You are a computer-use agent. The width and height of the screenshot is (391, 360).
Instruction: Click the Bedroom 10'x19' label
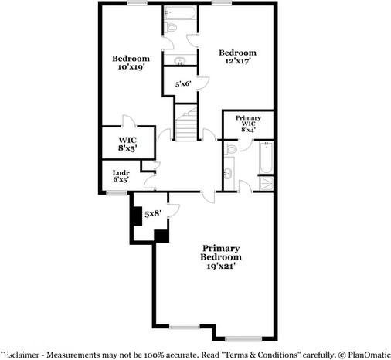click(131, 63)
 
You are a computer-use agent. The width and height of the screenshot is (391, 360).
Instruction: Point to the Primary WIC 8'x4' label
click(248, 124)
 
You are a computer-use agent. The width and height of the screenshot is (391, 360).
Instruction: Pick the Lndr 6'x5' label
click(121, 175)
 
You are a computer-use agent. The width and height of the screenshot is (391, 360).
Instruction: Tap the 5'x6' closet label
click(183, 83)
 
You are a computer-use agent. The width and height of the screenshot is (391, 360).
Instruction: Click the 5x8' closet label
click(152, 213)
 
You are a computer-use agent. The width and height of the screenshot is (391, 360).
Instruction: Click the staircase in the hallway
click(185, 124)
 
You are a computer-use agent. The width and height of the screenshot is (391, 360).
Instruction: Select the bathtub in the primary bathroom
click(266, 158)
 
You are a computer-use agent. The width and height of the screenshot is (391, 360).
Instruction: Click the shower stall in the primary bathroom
click(266, 183)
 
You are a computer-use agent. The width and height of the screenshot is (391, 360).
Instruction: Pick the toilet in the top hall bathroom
click(172, 25)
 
